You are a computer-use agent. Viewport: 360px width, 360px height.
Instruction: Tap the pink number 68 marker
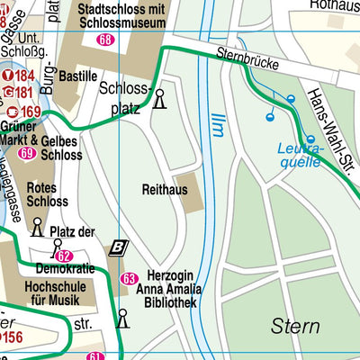pyautogui.click(x=106, y=40)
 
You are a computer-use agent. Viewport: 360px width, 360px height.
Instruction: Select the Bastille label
pyautogui.click(x=77, y=76)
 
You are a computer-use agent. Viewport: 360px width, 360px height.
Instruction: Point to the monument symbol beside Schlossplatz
pyautogui.click(x=160, y=98)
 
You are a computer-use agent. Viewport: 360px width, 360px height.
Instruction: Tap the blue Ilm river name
pyautogui.click(x=216, y=124)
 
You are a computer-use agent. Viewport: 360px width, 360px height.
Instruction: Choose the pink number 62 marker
pyautogui.click(x=63, y=256)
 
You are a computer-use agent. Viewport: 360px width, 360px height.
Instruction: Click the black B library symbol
pyautogui.click(x=118, y=247)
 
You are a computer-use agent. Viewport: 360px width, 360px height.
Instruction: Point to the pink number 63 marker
pyautogui.click(x=129, y=278)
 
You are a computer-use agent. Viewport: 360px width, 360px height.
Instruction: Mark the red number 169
pyautogui.click(x=31, y=112)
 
